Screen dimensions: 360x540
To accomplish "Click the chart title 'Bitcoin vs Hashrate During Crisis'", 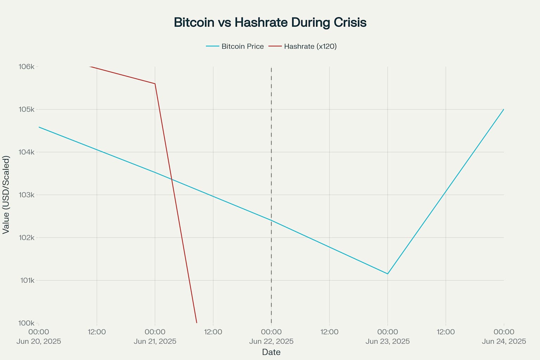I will pyautogui.click(x=270, y=22).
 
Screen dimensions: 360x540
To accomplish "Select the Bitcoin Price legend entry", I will pyautogui.click(x=242, y=46).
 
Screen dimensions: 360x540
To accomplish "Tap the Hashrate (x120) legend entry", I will pyautogui.click(x=310, y=46).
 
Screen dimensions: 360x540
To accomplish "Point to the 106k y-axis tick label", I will pyautogui.click(x=26, y=66).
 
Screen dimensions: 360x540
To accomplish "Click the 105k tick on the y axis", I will pyautogui.click(x=26, y=109).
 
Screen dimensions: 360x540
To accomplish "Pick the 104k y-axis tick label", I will pyautogui.click(x=26, y=152).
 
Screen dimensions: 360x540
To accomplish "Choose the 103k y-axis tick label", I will pyautogui.click(x=26, y=195).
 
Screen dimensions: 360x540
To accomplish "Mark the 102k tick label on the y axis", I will pyautogui.click(x=26, y=238).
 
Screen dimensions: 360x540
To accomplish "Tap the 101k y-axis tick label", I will pyautogui.click(x=27, y=281).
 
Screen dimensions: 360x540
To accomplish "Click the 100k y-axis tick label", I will pyautogui.click(x=26, y=323).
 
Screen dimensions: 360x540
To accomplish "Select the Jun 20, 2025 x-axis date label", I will pyautogui.click(x=39, y=341).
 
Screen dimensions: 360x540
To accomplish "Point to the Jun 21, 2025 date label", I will pyautogui.click(x=155, y=341).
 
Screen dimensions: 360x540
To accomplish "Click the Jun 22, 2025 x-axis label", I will pyautogui.click(x=271, y=341).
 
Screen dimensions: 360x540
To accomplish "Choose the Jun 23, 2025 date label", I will pyautogui.click(x=387, y=341).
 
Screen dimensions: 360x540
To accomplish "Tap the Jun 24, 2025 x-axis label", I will pyautogui.click(x=504, y=341).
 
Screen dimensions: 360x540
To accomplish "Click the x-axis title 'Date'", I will pyautogui.click(x=271, y=352).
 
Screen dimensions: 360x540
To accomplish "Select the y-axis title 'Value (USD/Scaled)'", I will pyautogui.click(x=6, y=195).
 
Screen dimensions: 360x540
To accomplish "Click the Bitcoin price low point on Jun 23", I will pyautogui.click(x=387, y=274).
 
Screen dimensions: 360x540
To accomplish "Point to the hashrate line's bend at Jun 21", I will pyautogui.click(x=155, y=84).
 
